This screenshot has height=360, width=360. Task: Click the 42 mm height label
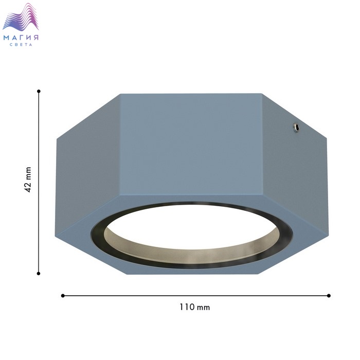pos(28,180)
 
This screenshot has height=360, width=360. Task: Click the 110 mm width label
pos(195,307)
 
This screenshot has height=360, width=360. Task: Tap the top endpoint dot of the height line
pos(39,91)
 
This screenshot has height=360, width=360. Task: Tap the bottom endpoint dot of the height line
pos(39,274)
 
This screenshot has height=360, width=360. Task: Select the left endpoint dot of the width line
pos(63,296)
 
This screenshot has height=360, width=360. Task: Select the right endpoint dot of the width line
pos(329,296)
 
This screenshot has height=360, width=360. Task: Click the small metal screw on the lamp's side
pos(296,128)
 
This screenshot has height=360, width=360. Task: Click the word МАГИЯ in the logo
pos(21,38)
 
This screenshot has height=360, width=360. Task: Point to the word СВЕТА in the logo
pos(21,45)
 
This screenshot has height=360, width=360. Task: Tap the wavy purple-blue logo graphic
pos(21,17)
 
